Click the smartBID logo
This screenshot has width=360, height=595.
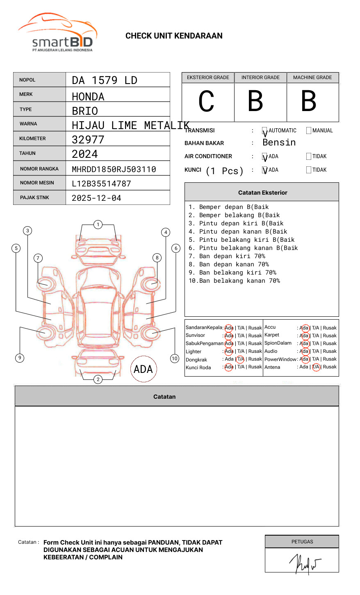57,33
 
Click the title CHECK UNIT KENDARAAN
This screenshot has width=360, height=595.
174,36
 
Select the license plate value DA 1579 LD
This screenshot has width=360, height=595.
105,80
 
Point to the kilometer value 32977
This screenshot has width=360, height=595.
88,140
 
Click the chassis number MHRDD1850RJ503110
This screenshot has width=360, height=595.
114,169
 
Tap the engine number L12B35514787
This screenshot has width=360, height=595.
101,184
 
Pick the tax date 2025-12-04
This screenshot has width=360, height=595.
96,198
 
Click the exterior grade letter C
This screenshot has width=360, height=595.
207,101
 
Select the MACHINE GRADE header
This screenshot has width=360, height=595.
312,77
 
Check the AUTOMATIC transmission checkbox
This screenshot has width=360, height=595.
265,131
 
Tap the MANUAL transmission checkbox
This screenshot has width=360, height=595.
309,131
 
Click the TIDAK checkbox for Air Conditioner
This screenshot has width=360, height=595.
309,157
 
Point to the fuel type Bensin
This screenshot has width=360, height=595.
279,143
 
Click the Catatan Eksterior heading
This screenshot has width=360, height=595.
262,193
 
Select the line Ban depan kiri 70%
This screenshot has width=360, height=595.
227,256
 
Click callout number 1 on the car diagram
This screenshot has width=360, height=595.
98,225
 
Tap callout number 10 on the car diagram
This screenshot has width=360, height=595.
175,359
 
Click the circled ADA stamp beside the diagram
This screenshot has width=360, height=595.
143,369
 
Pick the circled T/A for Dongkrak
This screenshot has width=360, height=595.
240,359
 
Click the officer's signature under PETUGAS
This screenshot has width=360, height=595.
305,564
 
